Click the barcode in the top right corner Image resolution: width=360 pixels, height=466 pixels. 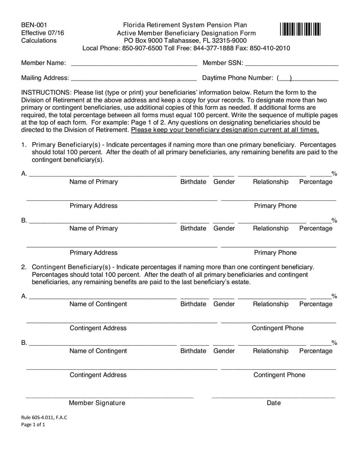(x=300, y=29)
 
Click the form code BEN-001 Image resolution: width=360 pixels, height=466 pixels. (x=34, y=25)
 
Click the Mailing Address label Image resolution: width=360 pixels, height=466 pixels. (x=45, y=78)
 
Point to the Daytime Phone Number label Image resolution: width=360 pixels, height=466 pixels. (x=238, y=78)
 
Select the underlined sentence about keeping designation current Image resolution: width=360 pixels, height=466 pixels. (x=225, y=130)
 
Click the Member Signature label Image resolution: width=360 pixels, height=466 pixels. (x=97, y=403)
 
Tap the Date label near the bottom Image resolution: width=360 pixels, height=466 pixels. (x=274, y=403)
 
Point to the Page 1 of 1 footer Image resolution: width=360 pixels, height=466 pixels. (x=33, y=425)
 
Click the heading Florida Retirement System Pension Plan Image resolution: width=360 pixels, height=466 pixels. (x=185, y=25)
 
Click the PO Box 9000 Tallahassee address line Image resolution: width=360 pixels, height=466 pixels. (x=185, y=41)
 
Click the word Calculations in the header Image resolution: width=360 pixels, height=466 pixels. (x=39, y=41)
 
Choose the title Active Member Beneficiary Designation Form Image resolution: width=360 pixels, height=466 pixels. (x=186, y=33)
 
